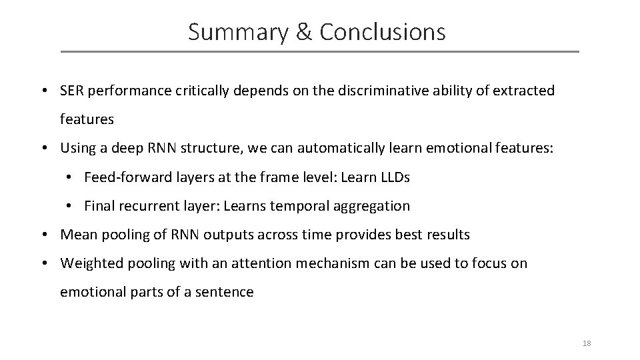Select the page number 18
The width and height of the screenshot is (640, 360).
[587, 343]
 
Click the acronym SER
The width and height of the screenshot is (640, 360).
[72, 91]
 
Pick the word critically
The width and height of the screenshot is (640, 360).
[201, 91]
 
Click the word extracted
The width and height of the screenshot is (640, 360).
[523, 91]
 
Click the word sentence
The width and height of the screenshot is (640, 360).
[225, 292]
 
